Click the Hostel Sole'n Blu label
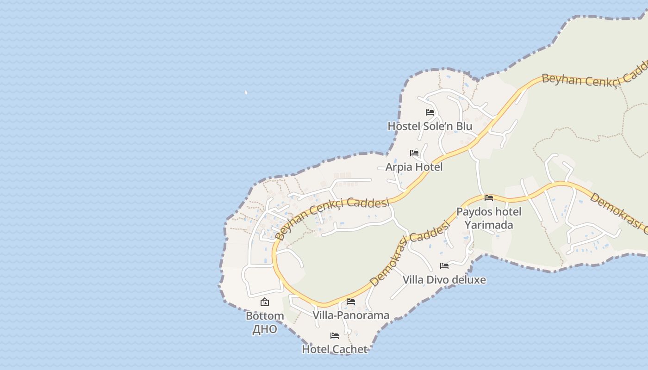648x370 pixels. pyautogui.click(x=430, y=126)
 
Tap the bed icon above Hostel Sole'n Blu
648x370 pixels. pyautogui.click(x=430, y=112)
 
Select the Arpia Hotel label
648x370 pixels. pyautogui.click(x=414, y=167)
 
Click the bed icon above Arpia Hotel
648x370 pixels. pyautogui.click(x=414, y=153)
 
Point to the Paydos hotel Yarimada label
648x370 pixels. pyautogui.click(x=489, y=218)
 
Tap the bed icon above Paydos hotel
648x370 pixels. pyautogui.click(x=489, y=198)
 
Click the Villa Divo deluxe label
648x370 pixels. pyautogui.click(x=444, y=280)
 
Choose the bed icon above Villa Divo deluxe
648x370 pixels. pyautogui.click(x=444, y=265)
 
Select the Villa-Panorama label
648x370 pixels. pyautogui.click(x=351, y=315)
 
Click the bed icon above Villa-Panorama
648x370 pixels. pyautogui.click(x=351, y=302)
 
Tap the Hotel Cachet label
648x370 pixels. pyautogui.click(x=335, y=349)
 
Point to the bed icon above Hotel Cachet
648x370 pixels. pyautogui.click(x=335, y=335)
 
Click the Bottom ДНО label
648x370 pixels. pyautogui.click(x=265, y=322)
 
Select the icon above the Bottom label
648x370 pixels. pyautogui.click(x=265, y=302)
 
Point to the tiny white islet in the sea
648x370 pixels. pyautogui.click(x=246, y=92)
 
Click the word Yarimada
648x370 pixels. pyautogui.click(x=489, y=225)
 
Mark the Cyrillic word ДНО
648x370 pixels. pyautogui.click(x=265, y=329)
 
